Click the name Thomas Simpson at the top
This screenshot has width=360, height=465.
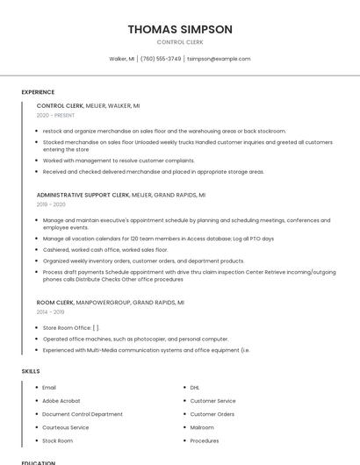pyautogui.click(x=180, y=29)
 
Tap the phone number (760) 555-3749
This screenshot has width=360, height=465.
pyautogui.click(x=161, y=59)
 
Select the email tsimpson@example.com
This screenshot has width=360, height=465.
pyautogui.click(x=219, y=59)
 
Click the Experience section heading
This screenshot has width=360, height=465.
pyautogui.click(x=38, y=92)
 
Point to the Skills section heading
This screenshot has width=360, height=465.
pyautogui.click(x=31, y=371)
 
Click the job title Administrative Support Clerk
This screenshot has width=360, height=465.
pyautogui.click(x=83, y=195)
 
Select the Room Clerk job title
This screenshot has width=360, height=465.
pyautogui.click(x=55, y=302)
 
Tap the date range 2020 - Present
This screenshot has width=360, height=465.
pyautogui.click(x=55, y=115)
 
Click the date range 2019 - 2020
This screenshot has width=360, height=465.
pyautogui.click(x=51, y=204)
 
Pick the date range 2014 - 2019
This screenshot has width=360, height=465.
pyautogui.click(x=50, y=311)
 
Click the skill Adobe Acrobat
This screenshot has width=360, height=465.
pyautogui.click(x=61, y=400)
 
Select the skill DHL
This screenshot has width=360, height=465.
pyautogui.click(x=195, y=387)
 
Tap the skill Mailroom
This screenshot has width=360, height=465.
pyautogui.click(x=202, y=427)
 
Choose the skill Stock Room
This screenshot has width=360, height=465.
pyautogui.click(x=57, y=440)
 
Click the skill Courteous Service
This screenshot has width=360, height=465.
pyautogui.click(x=65, y=427)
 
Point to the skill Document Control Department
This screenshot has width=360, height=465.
pyautogui.click(x=83, y=414)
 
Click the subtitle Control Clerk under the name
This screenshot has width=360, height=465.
pyautogui.click(x=180, y=42)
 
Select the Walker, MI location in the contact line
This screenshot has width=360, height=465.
pyautogui.click(x=121, y=59)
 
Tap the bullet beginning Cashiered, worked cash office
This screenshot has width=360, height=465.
pyautogui.click(x=104, y=249)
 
